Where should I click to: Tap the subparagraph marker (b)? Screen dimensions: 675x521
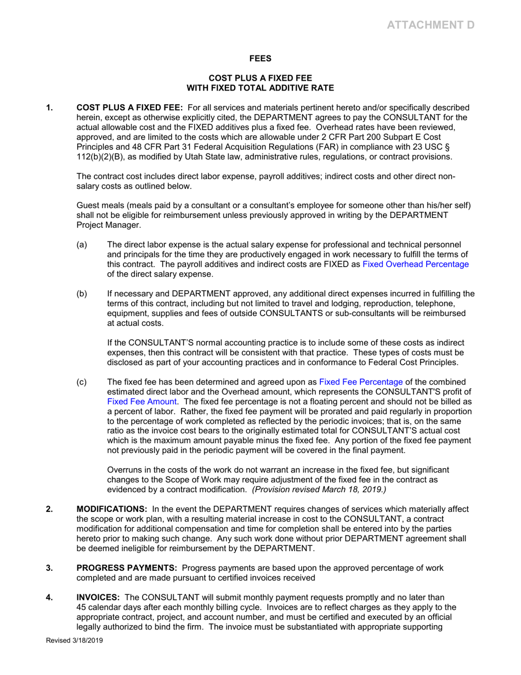click(82, 294)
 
